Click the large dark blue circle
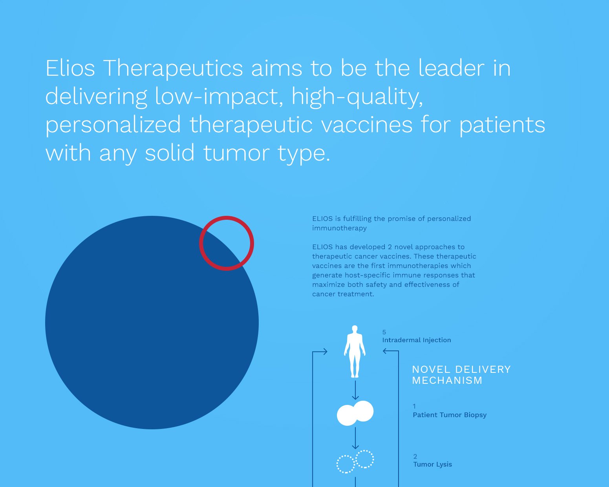152,323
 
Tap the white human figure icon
355,352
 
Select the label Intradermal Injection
417,340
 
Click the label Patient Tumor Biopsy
450,415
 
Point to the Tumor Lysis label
432,464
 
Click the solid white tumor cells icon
355,413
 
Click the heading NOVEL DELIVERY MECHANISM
461,375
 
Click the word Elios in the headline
70,68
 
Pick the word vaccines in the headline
367,125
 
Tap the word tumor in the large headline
236,153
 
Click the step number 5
384,332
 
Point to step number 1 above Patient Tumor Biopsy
414,407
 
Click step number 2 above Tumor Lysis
415,456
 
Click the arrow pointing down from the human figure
355,390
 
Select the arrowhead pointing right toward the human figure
325,352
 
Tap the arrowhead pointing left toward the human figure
385,351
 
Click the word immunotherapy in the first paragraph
339,228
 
